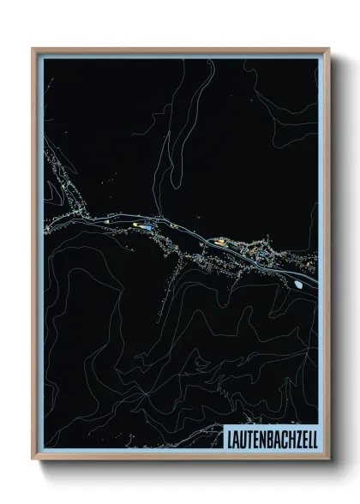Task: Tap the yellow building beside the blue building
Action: coord(142,225)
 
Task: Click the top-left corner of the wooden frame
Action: coord(33,49)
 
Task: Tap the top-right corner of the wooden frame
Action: coord(327,49)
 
